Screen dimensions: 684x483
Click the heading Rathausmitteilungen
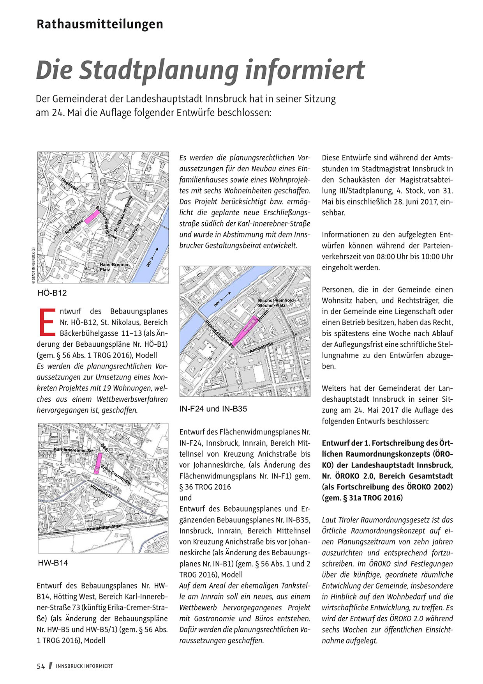point(100,24)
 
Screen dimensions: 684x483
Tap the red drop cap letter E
point(47,322)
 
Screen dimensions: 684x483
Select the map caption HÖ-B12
point(55,293)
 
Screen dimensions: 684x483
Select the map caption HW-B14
point(53,563)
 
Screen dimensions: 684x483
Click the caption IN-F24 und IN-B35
point(213,409)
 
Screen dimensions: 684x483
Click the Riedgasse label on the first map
point(74,227)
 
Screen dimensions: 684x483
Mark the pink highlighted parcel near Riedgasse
point(92,216)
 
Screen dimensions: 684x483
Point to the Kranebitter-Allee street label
point(104,528)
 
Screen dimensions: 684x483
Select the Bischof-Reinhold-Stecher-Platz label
point(276,303)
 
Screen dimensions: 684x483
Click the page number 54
point(41,666)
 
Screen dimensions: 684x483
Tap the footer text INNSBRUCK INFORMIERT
point(85,666)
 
